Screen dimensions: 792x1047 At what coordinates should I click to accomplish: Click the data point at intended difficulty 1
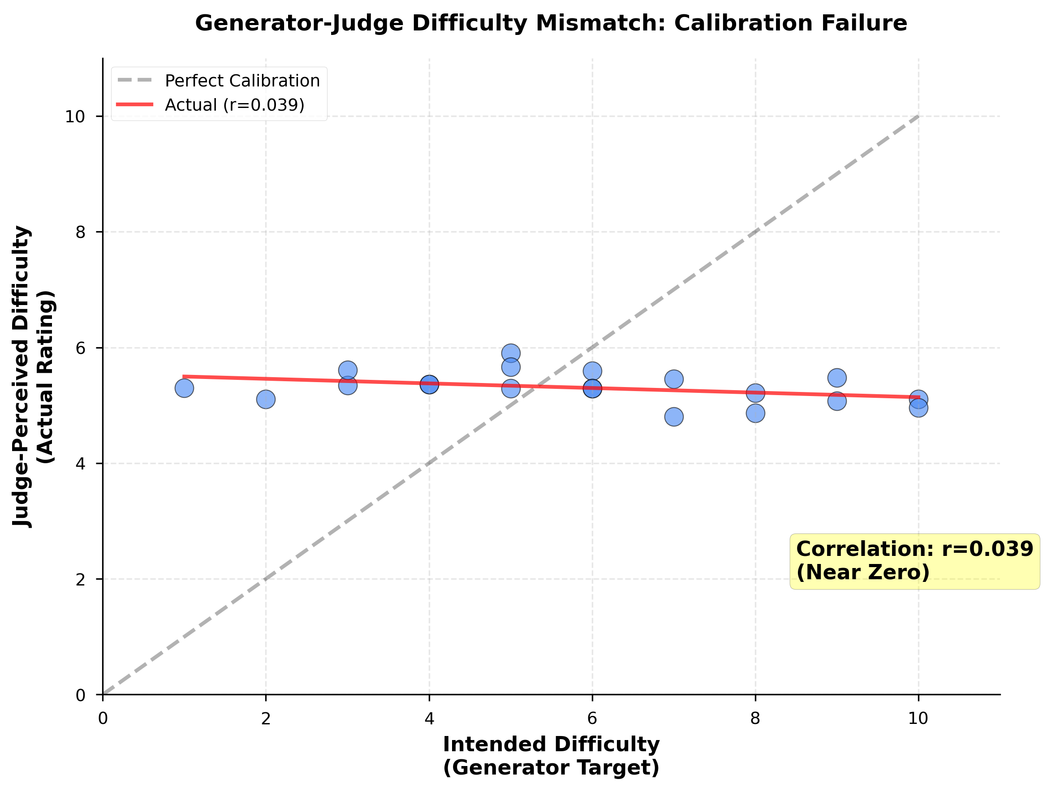pyautogui.click(x=184, y=388)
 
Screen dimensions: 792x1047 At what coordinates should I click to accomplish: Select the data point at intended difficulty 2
pyautogui.click(x=266, y=399)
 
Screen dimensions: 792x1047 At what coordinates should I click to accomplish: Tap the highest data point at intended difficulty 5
pyautogui.click(x=511, y=353)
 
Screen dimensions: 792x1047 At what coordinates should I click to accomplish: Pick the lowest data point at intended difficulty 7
pyautogui.click(x=673, y=417)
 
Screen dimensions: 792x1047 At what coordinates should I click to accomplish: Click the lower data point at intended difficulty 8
pyautogui.click(x=755, y=413)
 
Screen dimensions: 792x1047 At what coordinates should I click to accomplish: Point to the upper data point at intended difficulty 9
pyautogui.click(x=837, y=377)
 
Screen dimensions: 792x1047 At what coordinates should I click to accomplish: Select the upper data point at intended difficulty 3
pyautogui.click(x=347, y=370)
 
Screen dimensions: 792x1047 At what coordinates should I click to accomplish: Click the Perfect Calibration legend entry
pyautogui.click(x=242, y=81)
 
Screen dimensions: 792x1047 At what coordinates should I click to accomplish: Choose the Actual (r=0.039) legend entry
pyautogui.click(x=234, y=105)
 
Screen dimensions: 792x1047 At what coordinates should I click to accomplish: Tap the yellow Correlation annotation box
pyautogui.click(x=914, y=561)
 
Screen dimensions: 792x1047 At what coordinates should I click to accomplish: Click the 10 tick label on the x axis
pyautogui.click(x=918, y=718)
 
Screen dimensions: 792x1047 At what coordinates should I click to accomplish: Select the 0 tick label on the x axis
pyautogui.click(x=103, y=718)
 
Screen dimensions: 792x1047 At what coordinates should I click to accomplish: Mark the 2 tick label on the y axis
pyautogui.click(x=81, y=579)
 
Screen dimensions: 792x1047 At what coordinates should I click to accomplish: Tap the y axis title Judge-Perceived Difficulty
pyautogui.click(x=22, y=376)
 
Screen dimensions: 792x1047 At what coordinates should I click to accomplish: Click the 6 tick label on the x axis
pyautogui.click(x=592, y=718)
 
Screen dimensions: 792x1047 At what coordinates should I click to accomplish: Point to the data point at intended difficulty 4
pyautogui.click(x=429, y=384)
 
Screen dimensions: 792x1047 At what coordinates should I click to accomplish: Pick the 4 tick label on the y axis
pyautogui.click(x=81, y=464)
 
